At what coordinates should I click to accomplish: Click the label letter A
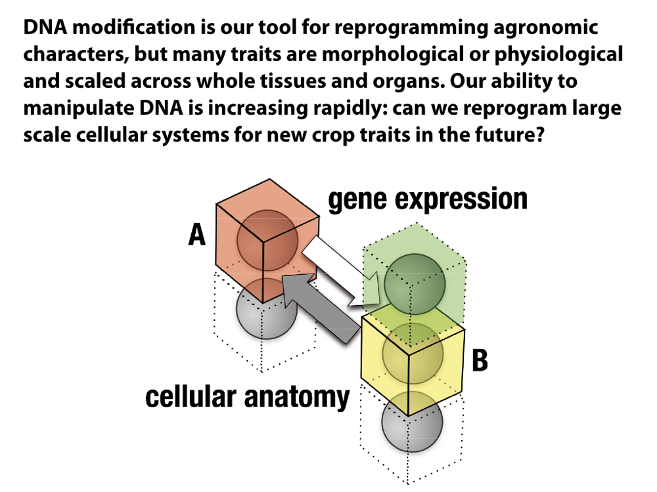click(197, 234)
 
